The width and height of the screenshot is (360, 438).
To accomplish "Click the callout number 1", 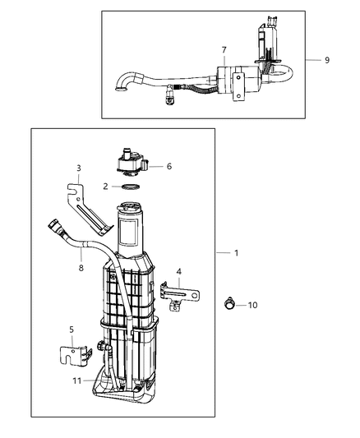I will (x=236, y=253).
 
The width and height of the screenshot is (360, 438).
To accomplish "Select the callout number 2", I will (x=106, y=187).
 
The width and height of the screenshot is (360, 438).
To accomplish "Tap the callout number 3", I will (x=78, y=168).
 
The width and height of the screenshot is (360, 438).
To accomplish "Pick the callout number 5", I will (x=71, y=330).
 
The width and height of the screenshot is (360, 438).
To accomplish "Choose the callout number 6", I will (x=168, y=167).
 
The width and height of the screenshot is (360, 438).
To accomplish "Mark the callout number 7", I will (x=223, y=51).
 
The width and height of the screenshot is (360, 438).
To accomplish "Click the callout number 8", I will (x=81, y=267).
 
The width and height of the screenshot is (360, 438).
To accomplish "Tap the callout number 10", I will (x=252, y=305).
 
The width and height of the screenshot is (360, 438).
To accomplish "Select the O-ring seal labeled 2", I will (x=129, y=187).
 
